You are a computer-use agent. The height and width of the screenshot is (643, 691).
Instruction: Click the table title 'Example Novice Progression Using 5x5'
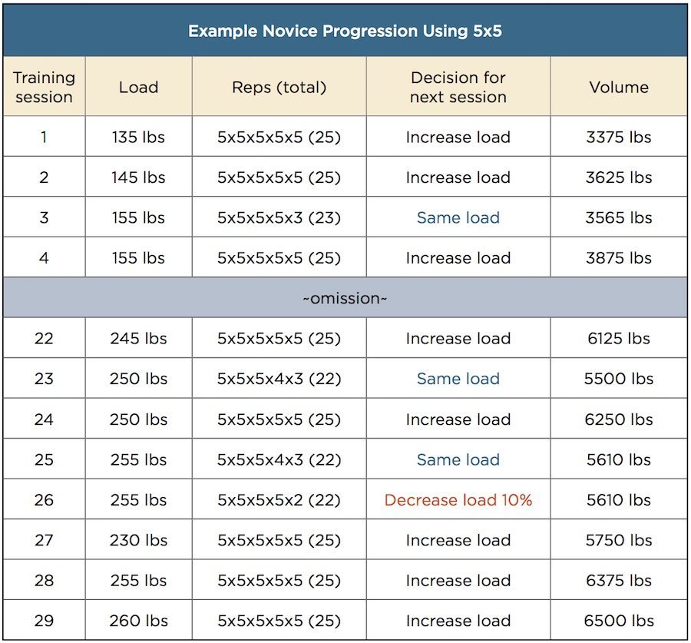[345, 31]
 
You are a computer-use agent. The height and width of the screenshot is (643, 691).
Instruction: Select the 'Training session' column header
[44, 88]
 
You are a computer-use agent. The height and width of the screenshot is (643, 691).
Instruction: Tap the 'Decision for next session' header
[458, 88]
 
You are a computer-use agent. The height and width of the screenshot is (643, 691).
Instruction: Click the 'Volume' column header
[619, 88]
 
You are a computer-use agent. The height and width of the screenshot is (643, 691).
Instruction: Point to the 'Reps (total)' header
[279, 88]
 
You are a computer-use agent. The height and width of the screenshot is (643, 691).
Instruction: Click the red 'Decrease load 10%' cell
[458, 500]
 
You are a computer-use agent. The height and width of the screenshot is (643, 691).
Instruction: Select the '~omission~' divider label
[345, 298]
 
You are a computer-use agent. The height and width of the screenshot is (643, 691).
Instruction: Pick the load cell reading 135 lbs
[138, 138]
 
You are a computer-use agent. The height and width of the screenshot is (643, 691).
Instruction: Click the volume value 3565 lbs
[619, 218]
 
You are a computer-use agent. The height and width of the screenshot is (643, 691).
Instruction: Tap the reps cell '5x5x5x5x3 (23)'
[279, 218]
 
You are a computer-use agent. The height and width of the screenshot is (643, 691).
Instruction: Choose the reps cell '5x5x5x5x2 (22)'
[279, 500]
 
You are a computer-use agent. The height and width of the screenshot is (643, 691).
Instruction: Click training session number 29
[44, 621]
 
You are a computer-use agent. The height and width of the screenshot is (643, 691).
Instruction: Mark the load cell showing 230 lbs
[138, 540]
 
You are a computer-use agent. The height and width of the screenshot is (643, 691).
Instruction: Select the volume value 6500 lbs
[619, 621]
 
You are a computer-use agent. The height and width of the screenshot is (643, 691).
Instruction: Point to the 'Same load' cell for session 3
[458, 218]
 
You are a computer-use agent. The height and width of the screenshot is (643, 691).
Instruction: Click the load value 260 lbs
[138, 621]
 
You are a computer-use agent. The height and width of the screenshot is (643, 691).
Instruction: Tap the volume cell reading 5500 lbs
[619, 379]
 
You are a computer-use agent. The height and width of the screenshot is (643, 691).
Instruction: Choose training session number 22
[44, 339]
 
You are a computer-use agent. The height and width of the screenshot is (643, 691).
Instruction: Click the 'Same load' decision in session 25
[458, 459]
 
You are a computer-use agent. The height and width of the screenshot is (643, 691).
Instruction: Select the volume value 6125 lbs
[619, 339]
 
